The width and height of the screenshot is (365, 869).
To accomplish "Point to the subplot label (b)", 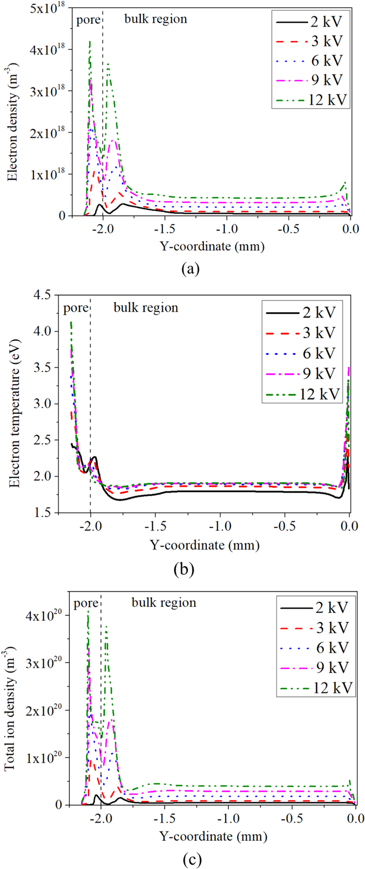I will [x=184, y=568].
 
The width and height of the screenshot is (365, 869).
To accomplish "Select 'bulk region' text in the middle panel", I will [x=145, y=307].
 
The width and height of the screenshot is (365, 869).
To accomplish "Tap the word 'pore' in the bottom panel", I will [x=86, y=603].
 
